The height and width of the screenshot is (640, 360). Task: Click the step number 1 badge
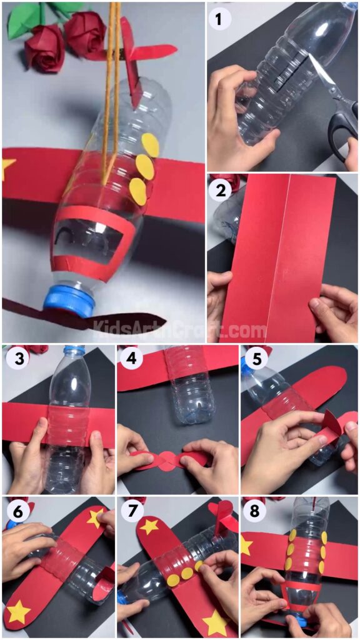click(218, 19)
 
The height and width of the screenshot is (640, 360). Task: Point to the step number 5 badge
click(253, 359)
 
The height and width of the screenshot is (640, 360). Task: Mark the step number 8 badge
click(253, 511)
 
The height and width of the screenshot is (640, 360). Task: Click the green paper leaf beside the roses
click(25, 19)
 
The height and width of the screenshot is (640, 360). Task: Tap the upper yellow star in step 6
click(96, 517)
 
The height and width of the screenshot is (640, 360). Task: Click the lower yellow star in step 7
click(216, 622)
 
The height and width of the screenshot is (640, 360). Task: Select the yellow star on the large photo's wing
click(8, 167)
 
